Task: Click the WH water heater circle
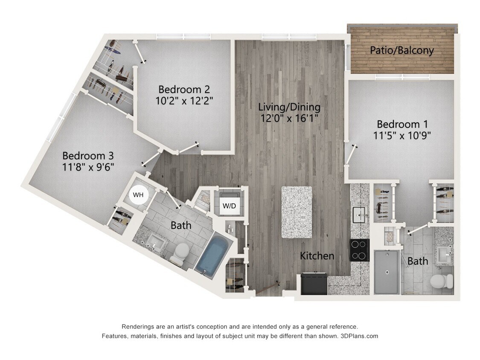[x=138, y=195]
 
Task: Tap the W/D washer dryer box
[x=229, y=205]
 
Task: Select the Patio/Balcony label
[x=401, y=50]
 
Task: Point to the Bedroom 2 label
[x=184, y=89]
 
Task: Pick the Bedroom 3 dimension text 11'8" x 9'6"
[x=88, y=166]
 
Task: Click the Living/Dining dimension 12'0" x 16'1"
[x=289, y=118]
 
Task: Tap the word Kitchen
[x=317, y=256]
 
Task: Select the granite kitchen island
[x=296, y=212]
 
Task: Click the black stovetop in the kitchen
[x=359, y=250]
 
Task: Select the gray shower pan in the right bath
[x=387, y=272]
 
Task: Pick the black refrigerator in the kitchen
[x=314, y=283]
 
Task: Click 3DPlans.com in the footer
[x=359, y=336]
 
